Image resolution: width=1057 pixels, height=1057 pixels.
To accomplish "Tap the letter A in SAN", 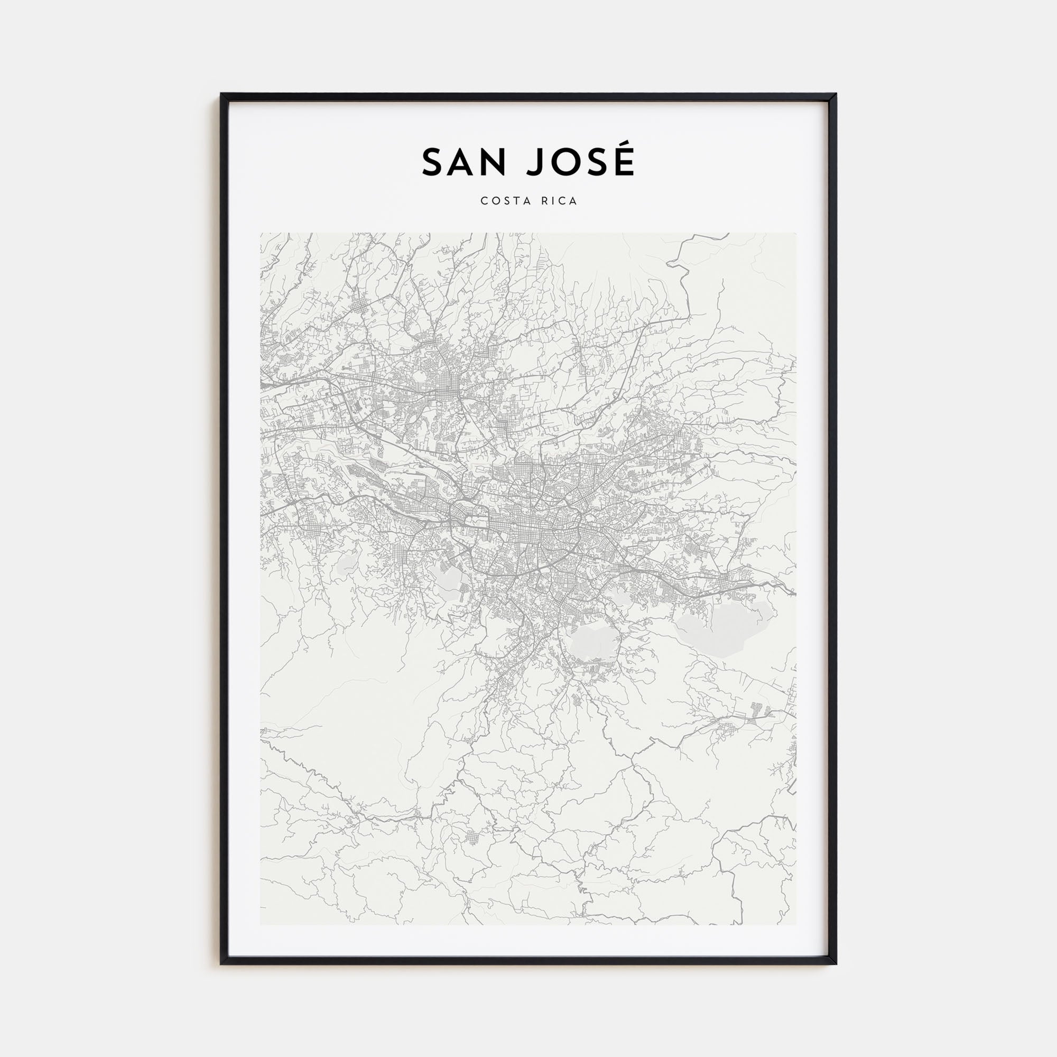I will coord(463,162).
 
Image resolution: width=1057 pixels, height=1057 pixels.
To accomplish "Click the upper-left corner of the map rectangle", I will coord(261,233).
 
